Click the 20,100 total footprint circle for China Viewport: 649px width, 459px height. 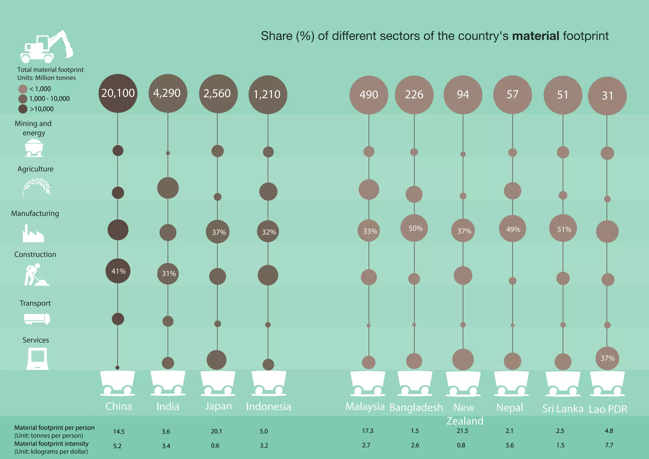(118, 93)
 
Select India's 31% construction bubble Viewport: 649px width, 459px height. (168, 274)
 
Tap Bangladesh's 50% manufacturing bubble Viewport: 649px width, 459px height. (414, 228)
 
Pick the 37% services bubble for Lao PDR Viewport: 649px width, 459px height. (607, 358)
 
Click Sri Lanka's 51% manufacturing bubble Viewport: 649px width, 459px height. (563, 229)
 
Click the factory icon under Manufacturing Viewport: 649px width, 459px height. (33, 234)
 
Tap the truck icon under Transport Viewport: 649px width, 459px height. (37, 319)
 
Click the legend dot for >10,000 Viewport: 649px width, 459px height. (23, 109)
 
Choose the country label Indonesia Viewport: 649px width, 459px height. (268, 406)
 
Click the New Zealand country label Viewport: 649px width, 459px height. (464, 414)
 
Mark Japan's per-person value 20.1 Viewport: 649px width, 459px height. (216, 431)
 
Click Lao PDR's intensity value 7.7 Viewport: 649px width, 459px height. (609, 445)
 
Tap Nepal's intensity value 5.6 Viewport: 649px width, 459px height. (510, 445)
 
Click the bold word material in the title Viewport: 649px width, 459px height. (536, 36)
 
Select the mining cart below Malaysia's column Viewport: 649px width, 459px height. (368, 384)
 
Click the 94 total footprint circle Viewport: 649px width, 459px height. (463, 94)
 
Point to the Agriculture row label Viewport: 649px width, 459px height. (35, 169)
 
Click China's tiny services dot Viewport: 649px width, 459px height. (118, 368)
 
